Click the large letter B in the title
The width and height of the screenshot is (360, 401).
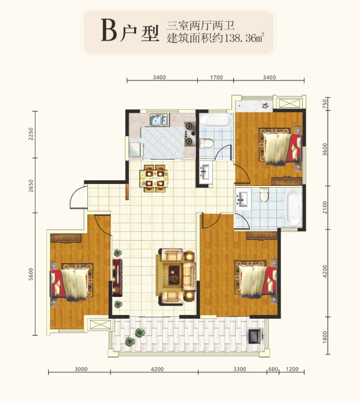pyautogui.click(x=109, y=31)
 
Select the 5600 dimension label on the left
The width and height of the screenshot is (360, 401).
pyautogui.click(x=31, y=274)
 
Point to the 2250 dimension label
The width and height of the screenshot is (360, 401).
pyautogui.click(x=31, y=133)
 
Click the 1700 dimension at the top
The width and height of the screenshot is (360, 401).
pyautogui.click(x=216, y=77)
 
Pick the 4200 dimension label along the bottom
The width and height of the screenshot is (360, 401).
pyautogui.click(x=157, y=369)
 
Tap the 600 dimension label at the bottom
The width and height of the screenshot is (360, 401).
pyautogui.click(x=273, y=369)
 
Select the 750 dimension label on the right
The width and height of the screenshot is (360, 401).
pyautogui.click(x=324, y=103)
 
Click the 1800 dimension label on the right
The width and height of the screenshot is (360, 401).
pyautogui.click(x=324, y=337)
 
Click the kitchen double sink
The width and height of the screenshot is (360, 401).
pyautogui.click(x=158, y=120)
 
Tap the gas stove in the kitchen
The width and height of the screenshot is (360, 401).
pyautogui.click(x=190, y=133)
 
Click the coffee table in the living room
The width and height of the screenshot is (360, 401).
pyautogui.click(x=174, y=274)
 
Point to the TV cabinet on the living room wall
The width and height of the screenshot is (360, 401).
pyautogui.click(x=117, y=278)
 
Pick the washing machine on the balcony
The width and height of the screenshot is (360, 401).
pyautogui.click(x=255, y=336)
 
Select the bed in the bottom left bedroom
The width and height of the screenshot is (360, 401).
pyautogui.click(x=71, y=282)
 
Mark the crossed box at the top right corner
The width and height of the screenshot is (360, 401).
pyautogui.click(x=289, y=103)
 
